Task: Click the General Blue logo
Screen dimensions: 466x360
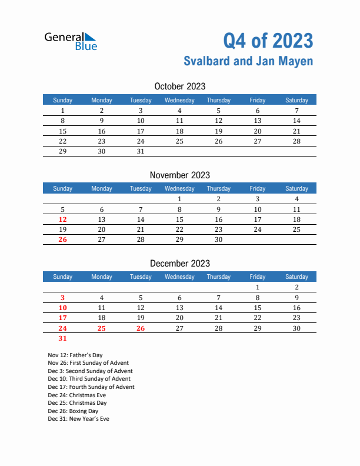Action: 71,41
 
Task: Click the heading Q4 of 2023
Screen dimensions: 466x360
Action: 268,41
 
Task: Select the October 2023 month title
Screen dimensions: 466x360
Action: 179,86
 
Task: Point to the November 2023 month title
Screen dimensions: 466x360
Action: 179,175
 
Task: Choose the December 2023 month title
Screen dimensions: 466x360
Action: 179,263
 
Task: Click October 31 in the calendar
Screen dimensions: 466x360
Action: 140,151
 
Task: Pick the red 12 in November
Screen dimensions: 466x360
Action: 63,219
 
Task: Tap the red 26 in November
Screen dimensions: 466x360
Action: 63,239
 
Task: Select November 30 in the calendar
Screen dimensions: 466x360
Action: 218,239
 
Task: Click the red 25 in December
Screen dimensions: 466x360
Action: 102,328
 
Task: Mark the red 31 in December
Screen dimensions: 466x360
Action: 63,338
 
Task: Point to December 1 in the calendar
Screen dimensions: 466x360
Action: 257,288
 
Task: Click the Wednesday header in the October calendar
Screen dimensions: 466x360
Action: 179,100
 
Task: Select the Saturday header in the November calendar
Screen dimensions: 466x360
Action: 296,188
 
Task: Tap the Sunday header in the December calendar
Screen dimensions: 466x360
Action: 63,277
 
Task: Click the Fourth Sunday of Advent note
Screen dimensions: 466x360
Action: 91,387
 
